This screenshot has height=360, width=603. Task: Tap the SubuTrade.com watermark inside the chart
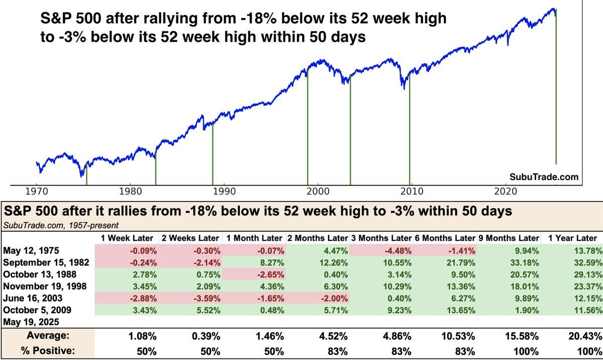click(544, 177)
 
